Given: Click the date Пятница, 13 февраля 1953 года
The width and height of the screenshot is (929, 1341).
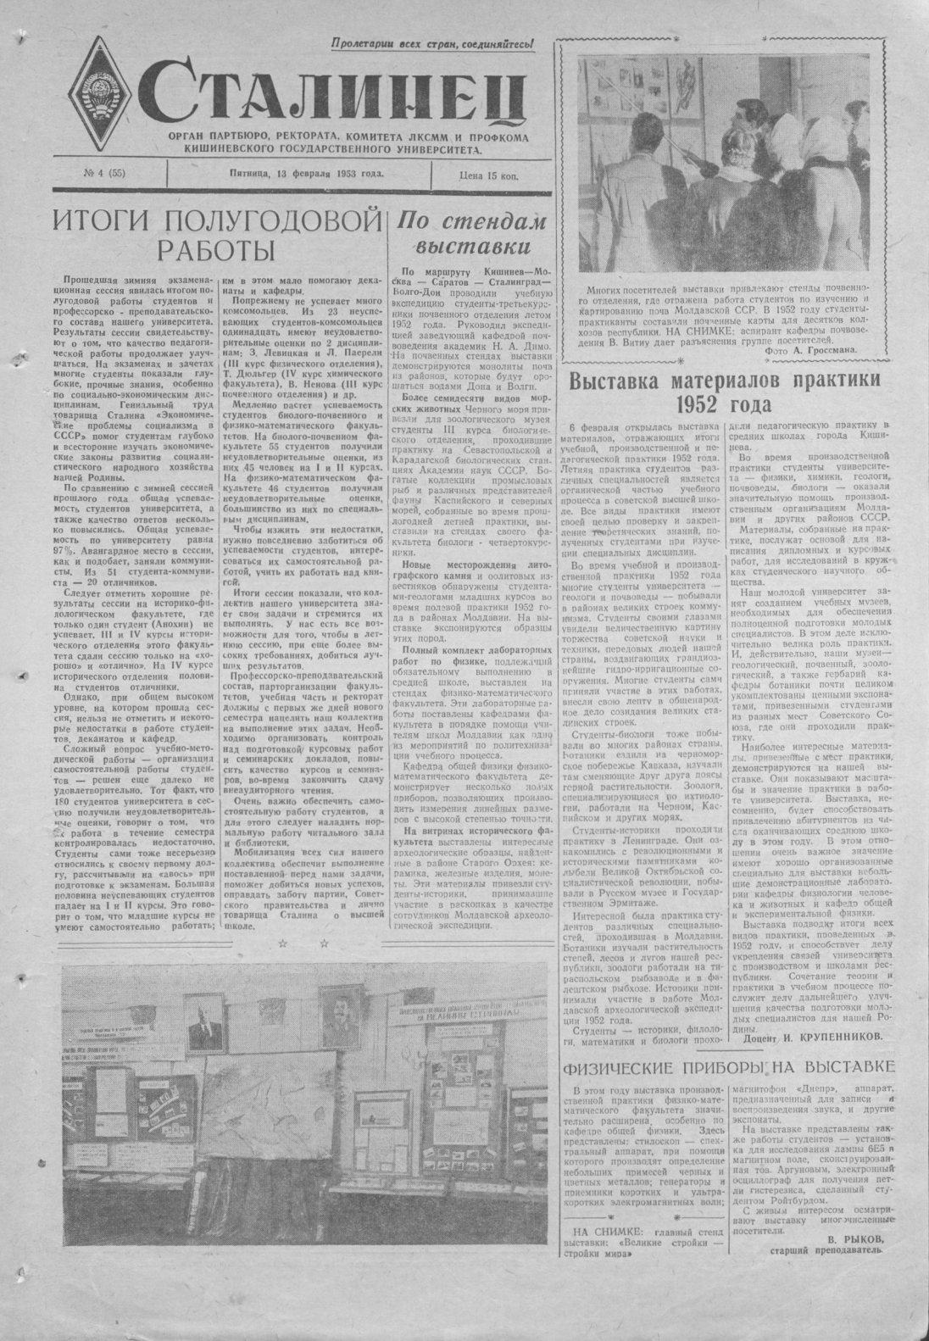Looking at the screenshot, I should [306, 175].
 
